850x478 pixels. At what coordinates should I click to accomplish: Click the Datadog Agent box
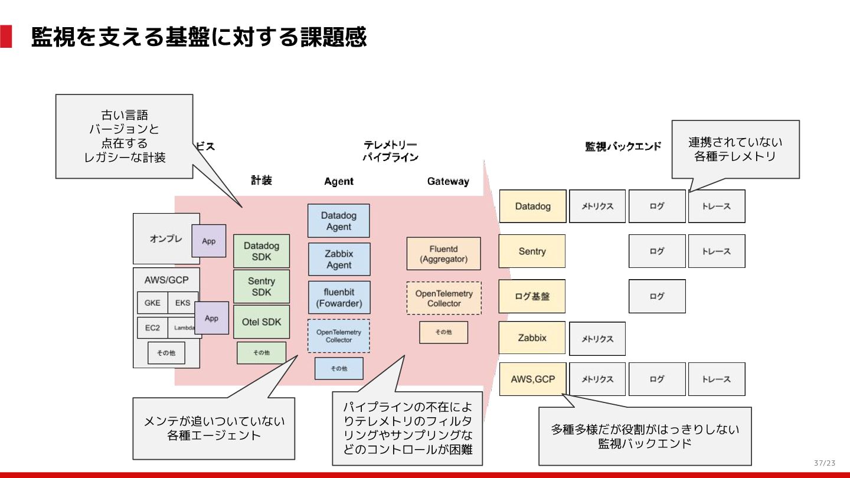[x=338, y=221]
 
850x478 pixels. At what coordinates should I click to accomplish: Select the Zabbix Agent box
[x=339, y=259]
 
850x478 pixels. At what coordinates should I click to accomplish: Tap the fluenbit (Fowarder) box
[x=339, y=297]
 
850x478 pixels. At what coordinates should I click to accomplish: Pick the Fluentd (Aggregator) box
[x=443, y=254]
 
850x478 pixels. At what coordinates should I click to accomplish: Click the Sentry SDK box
[x=261, y=287]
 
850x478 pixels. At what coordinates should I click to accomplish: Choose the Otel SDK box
[x=261, y=322]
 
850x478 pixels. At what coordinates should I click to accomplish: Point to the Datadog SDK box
[x=261, y=251]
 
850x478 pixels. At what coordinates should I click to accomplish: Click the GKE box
[x=152, y=303]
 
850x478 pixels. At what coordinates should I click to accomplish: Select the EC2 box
[x=152, y=328]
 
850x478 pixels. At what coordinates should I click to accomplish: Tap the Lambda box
[x=184, y=328]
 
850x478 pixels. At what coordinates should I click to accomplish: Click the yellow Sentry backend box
[x=532, y=251]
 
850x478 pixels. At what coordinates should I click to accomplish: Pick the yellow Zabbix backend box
[x=532, y=338]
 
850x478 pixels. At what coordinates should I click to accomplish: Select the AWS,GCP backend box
[x=532, y=379]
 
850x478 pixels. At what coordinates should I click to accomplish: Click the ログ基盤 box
[x=532, y=296]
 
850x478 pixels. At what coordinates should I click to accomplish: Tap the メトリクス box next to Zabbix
[x=597, y=339]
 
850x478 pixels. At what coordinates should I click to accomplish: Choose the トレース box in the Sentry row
[x=716, y=251]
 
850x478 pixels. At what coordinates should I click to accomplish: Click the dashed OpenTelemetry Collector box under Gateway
[x=444, y=298]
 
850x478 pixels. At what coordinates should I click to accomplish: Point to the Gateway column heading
[x=448, y=181]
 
